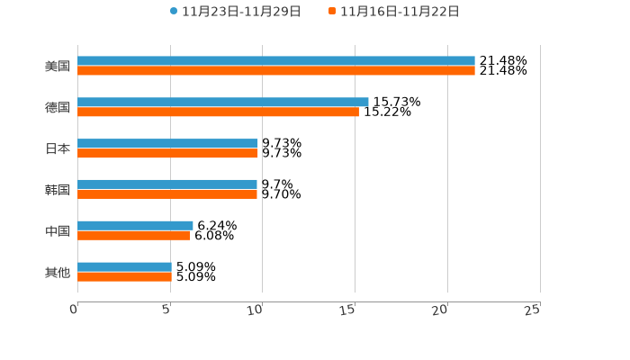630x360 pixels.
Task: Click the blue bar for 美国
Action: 276,61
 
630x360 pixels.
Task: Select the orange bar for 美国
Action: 276,71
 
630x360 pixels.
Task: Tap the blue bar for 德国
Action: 223,103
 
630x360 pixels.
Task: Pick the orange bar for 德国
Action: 218,112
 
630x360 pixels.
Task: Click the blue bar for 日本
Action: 167,144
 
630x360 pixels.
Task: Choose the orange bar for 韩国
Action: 167,194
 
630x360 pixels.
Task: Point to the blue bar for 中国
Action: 135,226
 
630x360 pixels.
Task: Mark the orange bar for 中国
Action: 133,236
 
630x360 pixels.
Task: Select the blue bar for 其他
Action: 124,267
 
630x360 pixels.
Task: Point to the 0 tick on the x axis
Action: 74,310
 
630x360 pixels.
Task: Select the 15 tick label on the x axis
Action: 349,310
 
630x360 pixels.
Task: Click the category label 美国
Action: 58,67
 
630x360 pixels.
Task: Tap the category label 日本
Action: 58,148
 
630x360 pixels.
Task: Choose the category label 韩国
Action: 58,190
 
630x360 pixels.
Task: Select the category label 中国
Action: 58,231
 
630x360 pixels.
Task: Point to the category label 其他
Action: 58,272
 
